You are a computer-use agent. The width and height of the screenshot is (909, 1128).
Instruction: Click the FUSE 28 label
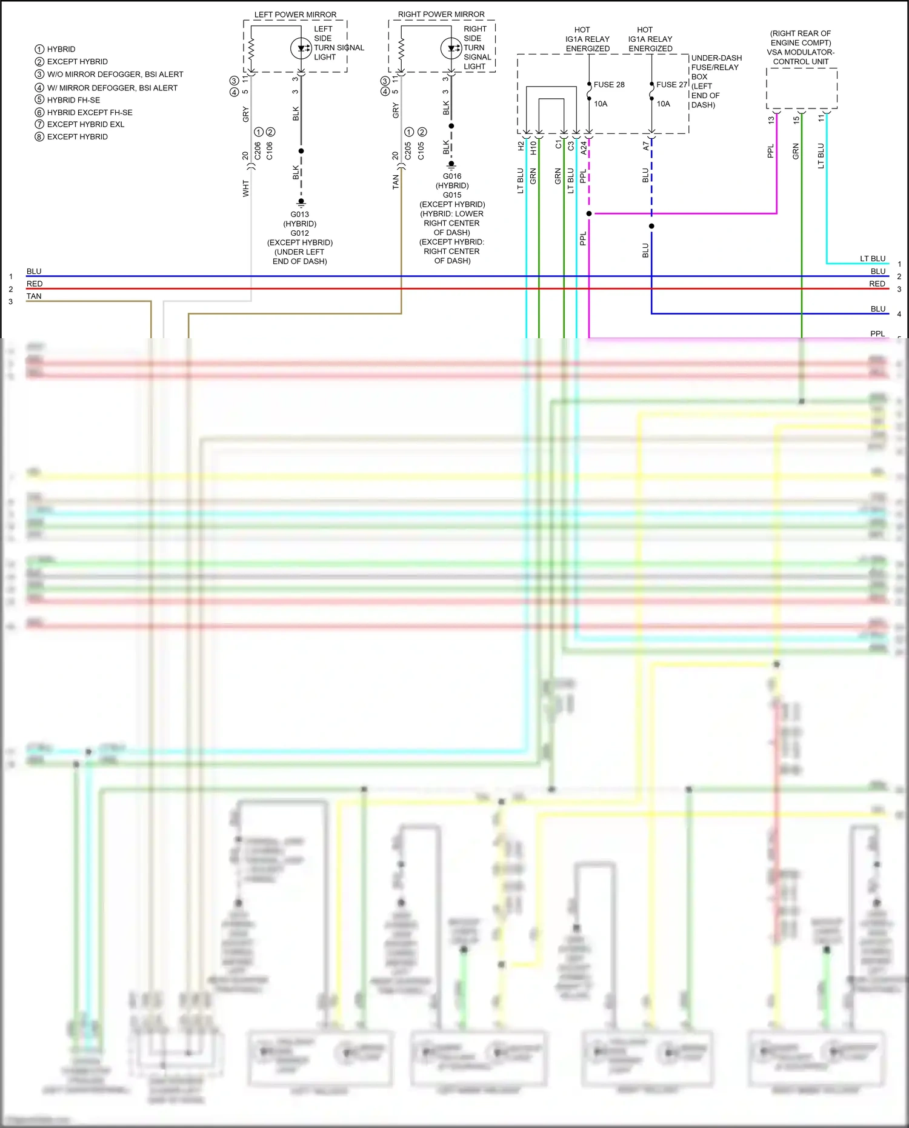pos(608,84)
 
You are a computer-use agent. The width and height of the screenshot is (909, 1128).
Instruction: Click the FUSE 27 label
pos(671,84)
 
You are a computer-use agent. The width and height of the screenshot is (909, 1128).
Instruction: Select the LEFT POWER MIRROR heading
pos(295,15)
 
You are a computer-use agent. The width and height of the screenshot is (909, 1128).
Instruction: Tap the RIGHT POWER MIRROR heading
pos(441,14)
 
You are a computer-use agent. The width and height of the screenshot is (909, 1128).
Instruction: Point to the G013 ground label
pos(299,214)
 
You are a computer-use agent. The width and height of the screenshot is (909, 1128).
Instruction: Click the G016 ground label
pos(451,176)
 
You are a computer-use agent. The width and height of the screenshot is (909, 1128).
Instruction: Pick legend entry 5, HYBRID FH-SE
pos(73,99)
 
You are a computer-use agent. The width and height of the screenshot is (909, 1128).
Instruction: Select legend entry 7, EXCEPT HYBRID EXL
pos(85,124)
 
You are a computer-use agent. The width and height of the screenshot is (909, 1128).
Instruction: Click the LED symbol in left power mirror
pos(301,48)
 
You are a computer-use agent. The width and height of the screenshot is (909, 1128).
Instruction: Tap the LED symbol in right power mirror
pos(451,48)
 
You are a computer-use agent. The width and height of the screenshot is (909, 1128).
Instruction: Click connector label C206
pos(258,151)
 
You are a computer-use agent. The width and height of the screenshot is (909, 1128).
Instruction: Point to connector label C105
pos(421,151)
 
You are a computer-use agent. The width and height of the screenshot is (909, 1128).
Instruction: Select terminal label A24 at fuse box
pos(584,147)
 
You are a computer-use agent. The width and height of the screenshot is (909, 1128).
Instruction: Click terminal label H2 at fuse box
pos(521,146)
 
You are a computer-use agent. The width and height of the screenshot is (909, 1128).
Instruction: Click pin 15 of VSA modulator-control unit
pos(796,120)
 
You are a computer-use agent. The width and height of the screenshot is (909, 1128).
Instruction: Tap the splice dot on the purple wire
pos(589,213)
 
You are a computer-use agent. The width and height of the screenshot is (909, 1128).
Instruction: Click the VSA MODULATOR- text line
pos(801,52)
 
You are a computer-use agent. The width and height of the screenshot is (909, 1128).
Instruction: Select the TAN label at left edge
pos(34,296)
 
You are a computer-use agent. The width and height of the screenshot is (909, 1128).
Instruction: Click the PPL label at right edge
pos(877,333)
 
